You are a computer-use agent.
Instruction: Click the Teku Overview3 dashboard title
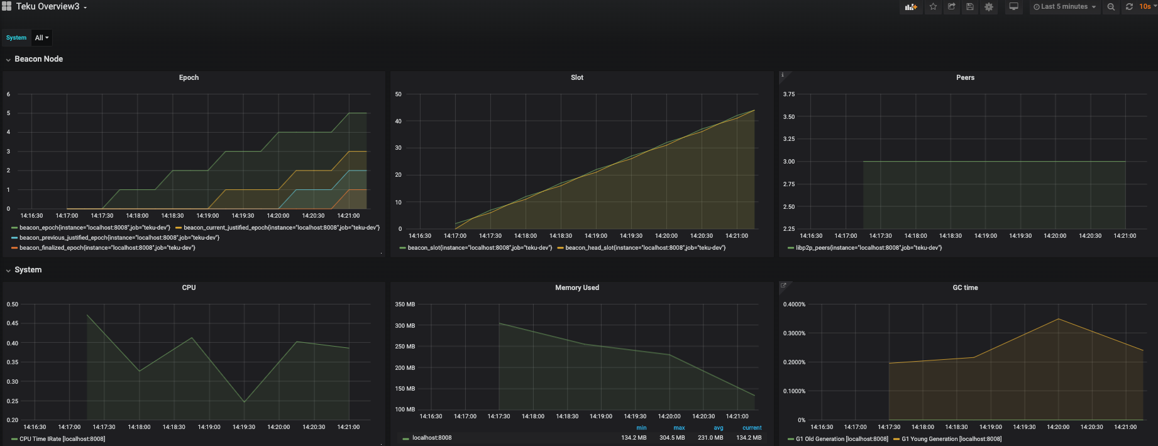tap(48, 6)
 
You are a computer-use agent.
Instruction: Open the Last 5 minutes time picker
tap(1064, 7)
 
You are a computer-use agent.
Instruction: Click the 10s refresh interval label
tap(1145, 7)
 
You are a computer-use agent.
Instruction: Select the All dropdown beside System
tap(41, 38)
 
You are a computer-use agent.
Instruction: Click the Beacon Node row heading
tap(38, 59)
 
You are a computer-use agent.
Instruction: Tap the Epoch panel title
tap(189, 77)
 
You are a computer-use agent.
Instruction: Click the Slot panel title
tap(577, 77)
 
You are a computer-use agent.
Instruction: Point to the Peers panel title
tap(965, 77)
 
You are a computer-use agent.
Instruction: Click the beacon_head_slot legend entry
tap(645, 248)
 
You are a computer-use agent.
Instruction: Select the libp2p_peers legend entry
tap(868, 248)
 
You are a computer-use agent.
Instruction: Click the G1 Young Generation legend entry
tap(951, 439)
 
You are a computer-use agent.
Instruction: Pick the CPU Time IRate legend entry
tap(62, 439)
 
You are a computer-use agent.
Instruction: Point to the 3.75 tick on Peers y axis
tap(788, 94)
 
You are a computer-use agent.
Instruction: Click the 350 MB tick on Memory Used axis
tap(405, 304)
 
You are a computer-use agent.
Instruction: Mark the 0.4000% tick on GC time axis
tap(794, 304)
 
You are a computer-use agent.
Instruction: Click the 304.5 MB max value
tap(672, 438)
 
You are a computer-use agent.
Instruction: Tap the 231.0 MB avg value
tap(710, 438)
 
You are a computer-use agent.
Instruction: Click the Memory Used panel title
tap(577, 287)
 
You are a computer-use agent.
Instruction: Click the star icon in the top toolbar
tap(933, 7)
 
